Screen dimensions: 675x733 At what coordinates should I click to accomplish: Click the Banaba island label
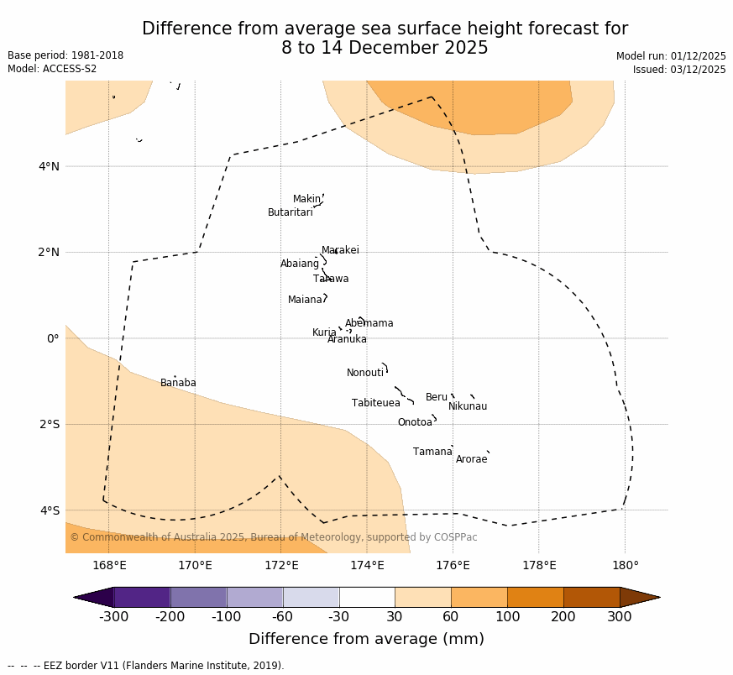click(x=178, y=383)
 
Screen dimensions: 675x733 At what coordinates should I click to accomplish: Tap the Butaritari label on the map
click(x=290, y=212)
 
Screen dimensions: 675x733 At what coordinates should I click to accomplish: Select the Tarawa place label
click(x=331, y=279)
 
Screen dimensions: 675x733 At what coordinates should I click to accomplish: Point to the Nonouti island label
click(x=365, y=373)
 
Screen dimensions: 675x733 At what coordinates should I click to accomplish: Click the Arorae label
click(x=471, y=459)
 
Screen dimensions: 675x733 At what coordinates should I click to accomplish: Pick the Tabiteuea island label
click(x=376, y=403)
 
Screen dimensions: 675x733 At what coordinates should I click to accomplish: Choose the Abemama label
click(x=369, y=323)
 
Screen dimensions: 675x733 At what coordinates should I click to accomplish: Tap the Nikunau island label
click(x=467, y=406)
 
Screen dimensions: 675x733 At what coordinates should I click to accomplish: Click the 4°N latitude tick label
click(x=49, y=166)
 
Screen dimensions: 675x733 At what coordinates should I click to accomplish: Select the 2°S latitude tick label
click(x=49, y=424)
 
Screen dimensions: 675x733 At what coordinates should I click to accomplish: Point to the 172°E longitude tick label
click(x=280, y=565)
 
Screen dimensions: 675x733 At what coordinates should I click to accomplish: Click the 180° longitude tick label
click(x=625, y=565)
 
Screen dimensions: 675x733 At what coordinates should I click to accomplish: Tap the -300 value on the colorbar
click(x=113, y=618)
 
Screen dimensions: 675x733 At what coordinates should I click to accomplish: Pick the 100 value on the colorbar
click(x=507, y=618)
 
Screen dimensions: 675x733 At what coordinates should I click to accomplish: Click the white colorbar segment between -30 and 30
click(x=367, y=597)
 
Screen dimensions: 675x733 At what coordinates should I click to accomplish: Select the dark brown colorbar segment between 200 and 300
click(x=591, y=597)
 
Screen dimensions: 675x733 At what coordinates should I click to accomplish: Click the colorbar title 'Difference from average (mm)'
click(x=366, y=639)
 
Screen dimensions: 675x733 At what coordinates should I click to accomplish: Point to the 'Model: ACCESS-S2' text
click(x=52, y=69)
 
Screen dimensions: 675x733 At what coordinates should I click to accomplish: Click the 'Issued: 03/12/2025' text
click(x=678, y=70)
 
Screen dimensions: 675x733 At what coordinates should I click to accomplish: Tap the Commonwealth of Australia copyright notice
click(x=273, y=537)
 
